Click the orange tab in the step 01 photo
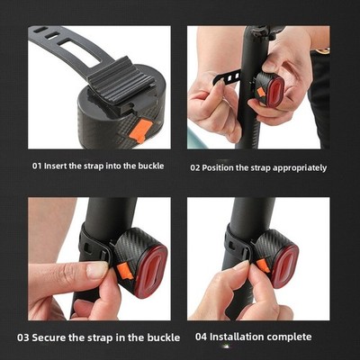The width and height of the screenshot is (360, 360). point(140,130)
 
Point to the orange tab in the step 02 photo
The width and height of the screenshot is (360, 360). point(261,93)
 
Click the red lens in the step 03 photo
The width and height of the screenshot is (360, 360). point(151,272)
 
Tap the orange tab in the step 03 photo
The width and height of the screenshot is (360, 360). point(124,270)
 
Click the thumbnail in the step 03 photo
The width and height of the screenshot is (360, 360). point(96,269)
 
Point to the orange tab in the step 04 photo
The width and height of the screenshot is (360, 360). point(263,265)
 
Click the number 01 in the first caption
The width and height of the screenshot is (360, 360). point(37,166)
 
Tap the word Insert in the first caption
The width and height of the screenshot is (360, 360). point(56,166)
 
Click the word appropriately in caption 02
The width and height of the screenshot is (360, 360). point(300,168)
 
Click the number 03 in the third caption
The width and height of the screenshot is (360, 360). point(22,337)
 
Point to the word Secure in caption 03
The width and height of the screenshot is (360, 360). point(49,337)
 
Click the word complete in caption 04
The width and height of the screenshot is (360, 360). point(289,337)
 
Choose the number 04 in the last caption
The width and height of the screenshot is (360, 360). point(201,337)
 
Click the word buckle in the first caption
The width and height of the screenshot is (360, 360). point(151,166)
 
